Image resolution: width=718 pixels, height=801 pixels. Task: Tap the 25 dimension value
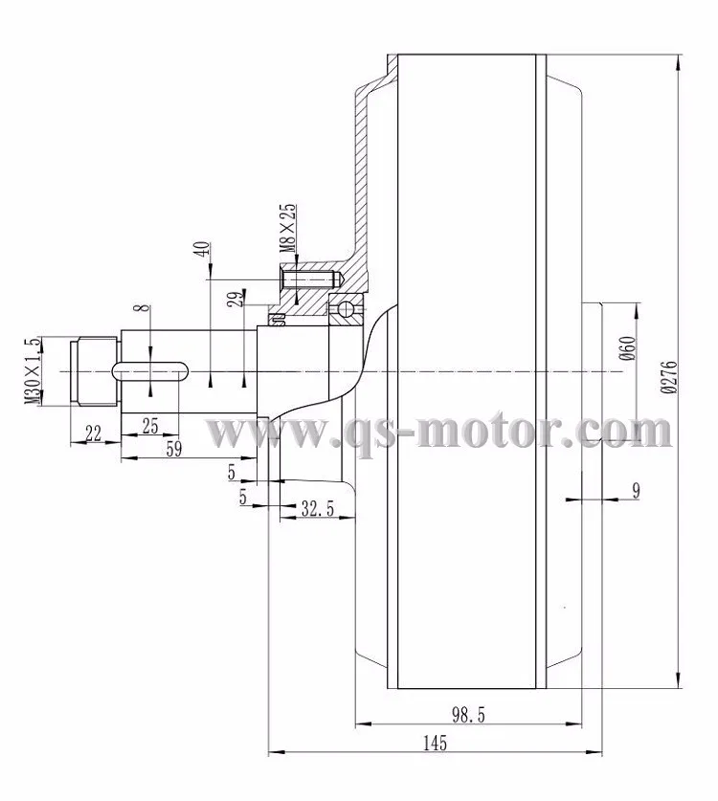[x=150, y=426]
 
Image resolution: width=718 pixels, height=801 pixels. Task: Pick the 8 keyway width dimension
[x=142, y=312]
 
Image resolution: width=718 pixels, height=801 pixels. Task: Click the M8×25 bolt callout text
[x=286, y=227]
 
